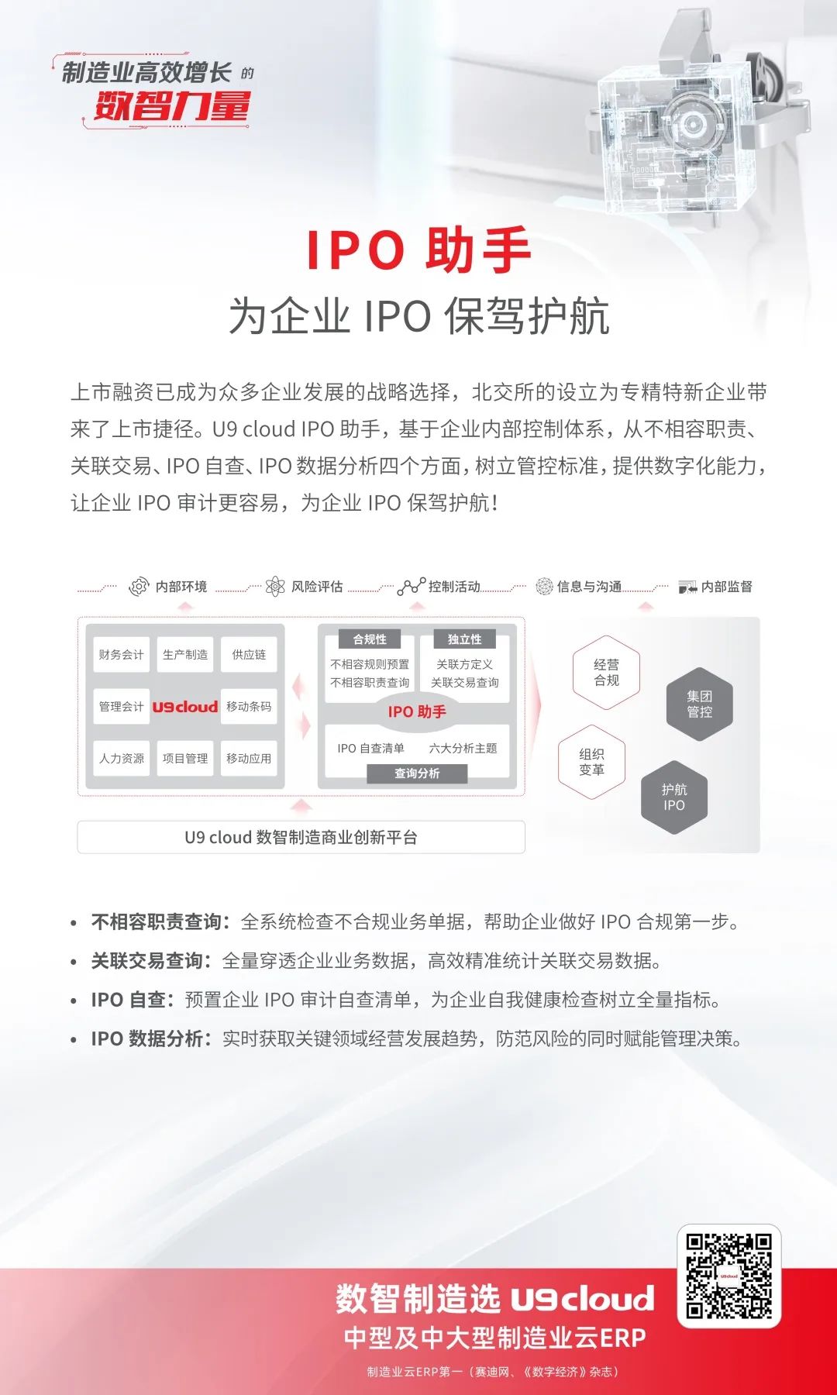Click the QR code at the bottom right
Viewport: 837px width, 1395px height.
click(729, 1276)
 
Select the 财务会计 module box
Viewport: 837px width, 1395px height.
click(121, 655)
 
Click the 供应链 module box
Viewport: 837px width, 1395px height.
click(249, 655)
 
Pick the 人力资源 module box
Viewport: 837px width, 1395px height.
click(121, 758)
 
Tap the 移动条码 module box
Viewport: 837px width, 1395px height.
click(249, 707)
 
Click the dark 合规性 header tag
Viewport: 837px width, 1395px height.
click(370, 639)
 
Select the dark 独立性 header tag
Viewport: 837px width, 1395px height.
click(465, 639)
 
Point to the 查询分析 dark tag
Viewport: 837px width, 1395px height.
click(417, 773)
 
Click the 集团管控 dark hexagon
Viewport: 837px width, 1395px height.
click(699, 704)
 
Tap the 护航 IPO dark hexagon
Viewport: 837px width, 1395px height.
click(674, 797)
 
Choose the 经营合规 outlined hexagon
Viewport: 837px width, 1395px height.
click(606, 672)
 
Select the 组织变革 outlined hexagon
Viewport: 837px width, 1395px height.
click(591, 762)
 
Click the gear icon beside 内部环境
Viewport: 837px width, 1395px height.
click(139, 587)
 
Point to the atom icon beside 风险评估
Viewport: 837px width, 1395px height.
click(275, 587)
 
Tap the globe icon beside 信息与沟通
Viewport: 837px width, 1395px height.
click(545, 587)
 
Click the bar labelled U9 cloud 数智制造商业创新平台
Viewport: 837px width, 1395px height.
click(301, 837)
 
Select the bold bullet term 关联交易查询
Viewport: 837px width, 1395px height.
click(147, 961)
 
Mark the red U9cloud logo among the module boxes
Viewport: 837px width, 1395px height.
click(185, 707)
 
